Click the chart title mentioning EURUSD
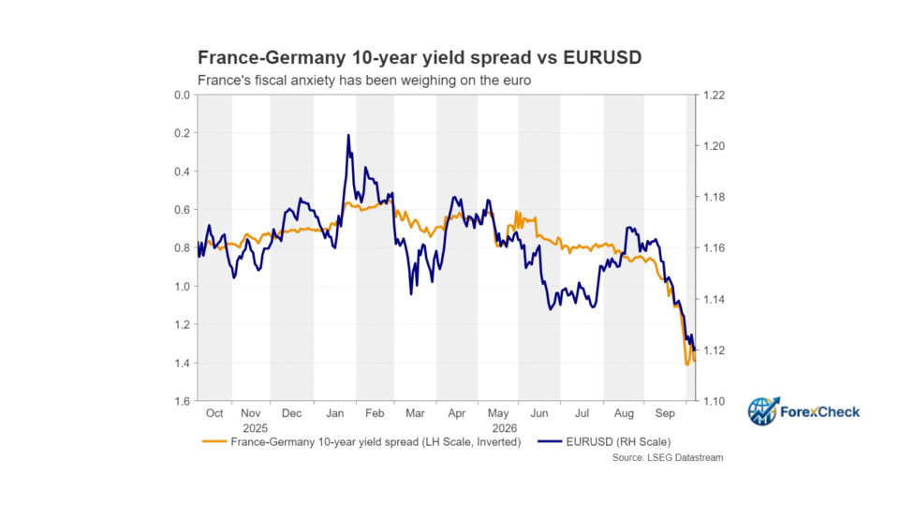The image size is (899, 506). click(x=420, y=57)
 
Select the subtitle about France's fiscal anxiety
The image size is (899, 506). click(x=364, y=81)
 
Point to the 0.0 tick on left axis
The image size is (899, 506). click(x=183, y=96)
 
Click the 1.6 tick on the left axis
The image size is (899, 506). click(x=183, y=401)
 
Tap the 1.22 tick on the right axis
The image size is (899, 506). click(x=715, y=96)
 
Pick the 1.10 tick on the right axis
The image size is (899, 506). click(x=715, y=401)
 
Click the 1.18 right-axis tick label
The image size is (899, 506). click(x=715, y=198)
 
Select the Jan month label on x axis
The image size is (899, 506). click(x=335, y=413)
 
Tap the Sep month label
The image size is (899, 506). click(x=665, y=413)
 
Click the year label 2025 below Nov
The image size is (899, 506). click(x=255, y=428)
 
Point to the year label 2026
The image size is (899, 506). click(x=505, y=428)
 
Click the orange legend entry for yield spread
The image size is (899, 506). click(x=361, y=441)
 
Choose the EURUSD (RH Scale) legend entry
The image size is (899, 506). click(x=604, y=441)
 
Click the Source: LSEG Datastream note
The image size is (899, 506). click(x=668, y=458)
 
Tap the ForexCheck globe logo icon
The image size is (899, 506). click(x=763, y=411)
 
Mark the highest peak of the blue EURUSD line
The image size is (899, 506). click(x=348, y=135)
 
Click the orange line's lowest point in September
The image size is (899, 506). click(x=686, y=365)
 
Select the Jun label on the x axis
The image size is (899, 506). click(x=539, y=413)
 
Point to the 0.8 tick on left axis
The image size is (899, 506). click(x=183, y=248)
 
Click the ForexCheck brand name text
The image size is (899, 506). click(x=820, y=412)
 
